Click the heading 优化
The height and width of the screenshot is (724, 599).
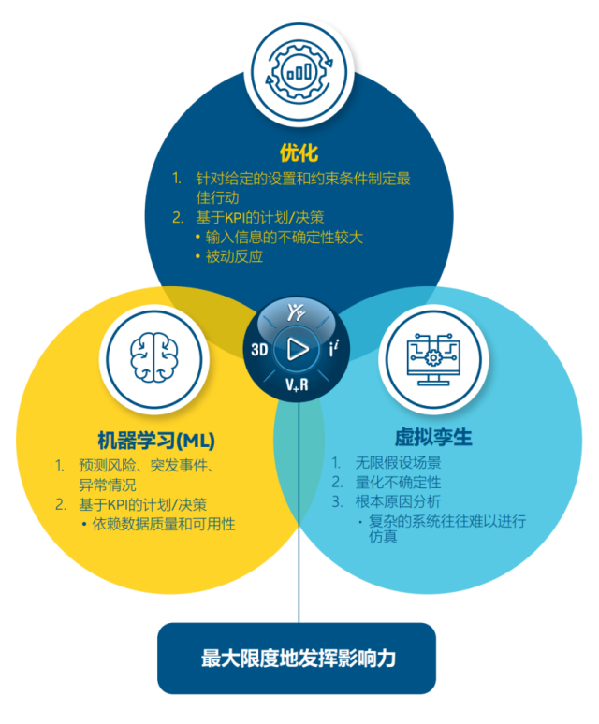[x=299, y=152]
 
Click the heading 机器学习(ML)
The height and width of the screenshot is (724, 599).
[x=156, y=440]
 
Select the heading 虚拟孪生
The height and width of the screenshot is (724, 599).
[x=433, y=437]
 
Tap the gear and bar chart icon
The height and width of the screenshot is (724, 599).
[x=299, y=72]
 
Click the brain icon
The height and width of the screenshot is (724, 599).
[x=153, y=358]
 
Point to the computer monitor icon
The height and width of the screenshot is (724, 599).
[x=433, y=359]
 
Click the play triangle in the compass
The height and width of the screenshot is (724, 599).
[x=298, y=349]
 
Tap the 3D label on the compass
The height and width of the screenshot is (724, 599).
[x=259, y=350]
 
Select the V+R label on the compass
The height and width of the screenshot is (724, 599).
[x=297, y=384]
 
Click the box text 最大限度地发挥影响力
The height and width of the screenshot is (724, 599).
[x=299, y=658]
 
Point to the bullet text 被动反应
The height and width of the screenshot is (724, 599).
[x=234, y=256]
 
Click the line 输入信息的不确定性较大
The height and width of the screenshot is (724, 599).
[x=284, y=237]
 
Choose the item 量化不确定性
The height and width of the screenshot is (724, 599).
[x=398, y=482]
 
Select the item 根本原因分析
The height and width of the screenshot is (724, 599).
[x=398, y=501]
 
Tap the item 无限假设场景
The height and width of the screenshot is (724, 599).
[x=398, y=462]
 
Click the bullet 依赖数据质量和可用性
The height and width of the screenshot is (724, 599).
[x=164, y=524]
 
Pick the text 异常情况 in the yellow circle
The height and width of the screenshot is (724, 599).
[x=107, y=485]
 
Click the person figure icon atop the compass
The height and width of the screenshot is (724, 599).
[x=296, y=312]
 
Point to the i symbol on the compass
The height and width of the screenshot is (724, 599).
[x=334, y=348]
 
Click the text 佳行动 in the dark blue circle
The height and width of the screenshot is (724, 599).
[x=217, y=197]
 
